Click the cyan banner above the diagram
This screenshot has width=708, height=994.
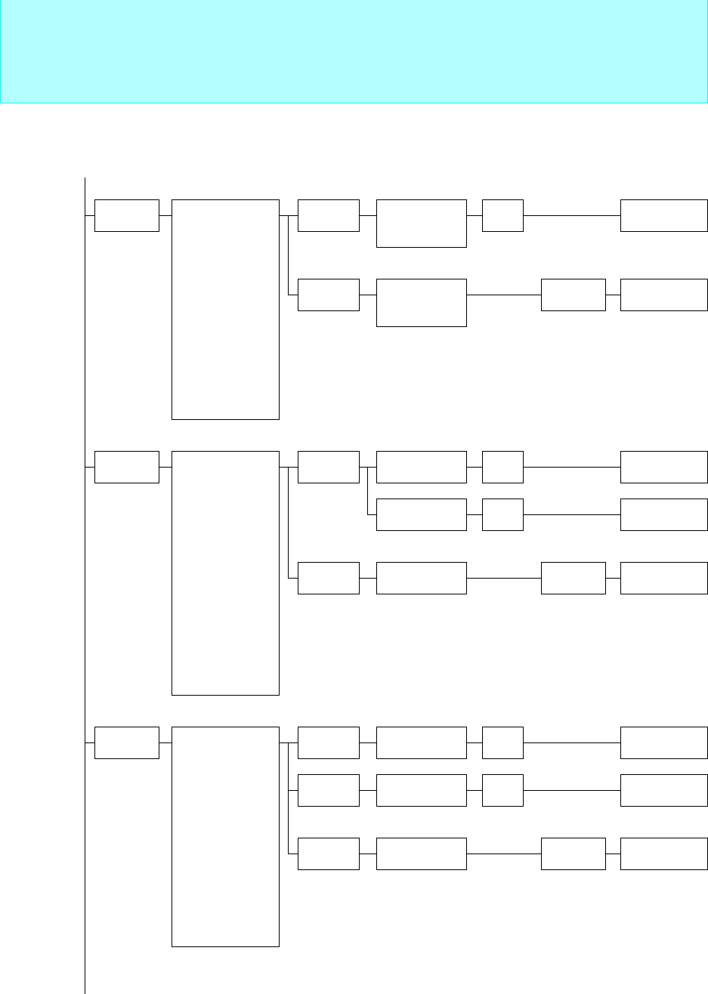pos(354,51)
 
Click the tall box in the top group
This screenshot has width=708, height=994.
pos(225,309)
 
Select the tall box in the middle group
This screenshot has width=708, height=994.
pos(225,573)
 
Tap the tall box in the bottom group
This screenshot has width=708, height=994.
pos(225,836)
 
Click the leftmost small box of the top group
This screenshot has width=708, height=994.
pos(127,215)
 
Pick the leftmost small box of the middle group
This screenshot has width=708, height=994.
pos(127,467)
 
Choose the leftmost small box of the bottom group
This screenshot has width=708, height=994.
pos(127,742)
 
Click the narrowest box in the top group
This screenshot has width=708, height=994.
pos(502,215)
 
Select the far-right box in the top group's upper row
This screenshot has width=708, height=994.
pos(664,215)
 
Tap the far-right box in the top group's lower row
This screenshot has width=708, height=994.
pos(664,295)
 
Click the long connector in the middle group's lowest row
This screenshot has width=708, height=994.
pos(503,578)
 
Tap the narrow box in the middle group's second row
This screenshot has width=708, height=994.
pos(502,514)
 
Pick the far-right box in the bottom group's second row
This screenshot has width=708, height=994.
pos(664,790)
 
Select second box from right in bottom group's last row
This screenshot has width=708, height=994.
pos(573,854)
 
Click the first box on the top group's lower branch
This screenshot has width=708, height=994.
pos(328,295)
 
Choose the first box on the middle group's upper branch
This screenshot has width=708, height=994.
pos(328,467)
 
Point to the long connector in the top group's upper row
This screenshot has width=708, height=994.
pos(571,215)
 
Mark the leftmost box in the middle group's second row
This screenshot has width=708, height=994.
pos(421,514)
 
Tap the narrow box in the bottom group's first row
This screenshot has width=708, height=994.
pos(502,742)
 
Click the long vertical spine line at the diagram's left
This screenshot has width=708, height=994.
pos(85,604)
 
